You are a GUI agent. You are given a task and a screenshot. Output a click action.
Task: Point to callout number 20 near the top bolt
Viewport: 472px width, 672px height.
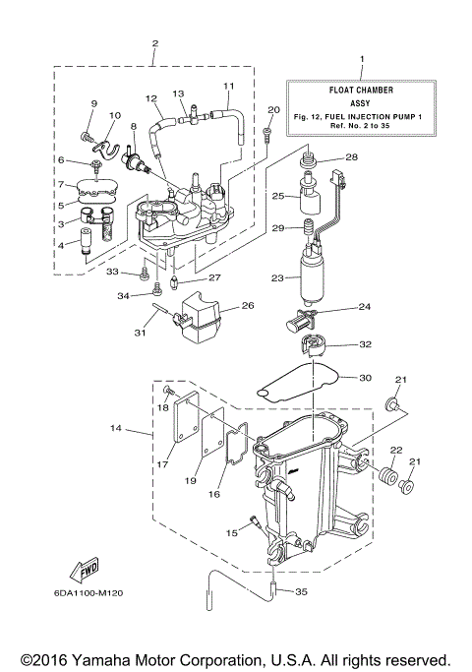coord(273,109)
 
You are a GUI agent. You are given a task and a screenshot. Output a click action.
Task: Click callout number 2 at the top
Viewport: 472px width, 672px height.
coord(154,42)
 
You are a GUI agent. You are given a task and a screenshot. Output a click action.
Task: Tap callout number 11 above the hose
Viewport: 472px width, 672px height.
coord(229,86)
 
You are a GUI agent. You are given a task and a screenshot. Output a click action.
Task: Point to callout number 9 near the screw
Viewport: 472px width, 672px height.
coord(95,104)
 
